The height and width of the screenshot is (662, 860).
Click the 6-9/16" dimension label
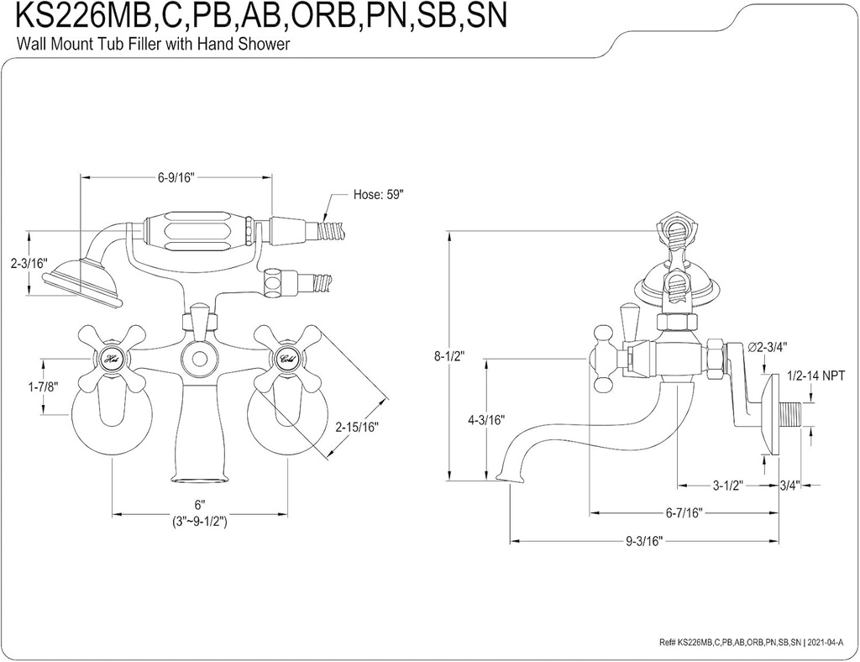(176, 177)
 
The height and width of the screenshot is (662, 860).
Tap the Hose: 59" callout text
(378, 195)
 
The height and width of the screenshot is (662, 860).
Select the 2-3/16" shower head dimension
(29, 264)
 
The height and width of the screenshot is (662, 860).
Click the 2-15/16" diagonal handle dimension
(357, 427)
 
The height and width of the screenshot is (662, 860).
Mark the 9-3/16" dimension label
(644, 541)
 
